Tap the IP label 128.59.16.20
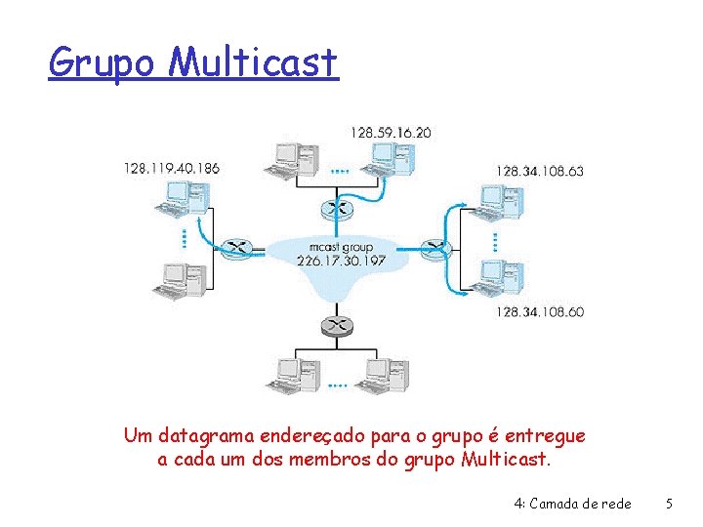[392, 132]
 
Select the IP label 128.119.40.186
[171, 168]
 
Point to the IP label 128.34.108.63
[539, 171]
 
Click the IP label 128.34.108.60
[539, 311]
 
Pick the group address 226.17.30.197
[335, 261]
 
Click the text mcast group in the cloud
[335, 247]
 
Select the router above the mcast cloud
[336, 207]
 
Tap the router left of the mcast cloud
[235, 249]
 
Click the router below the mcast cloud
[335, 323]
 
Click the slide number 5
[668, 505]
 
